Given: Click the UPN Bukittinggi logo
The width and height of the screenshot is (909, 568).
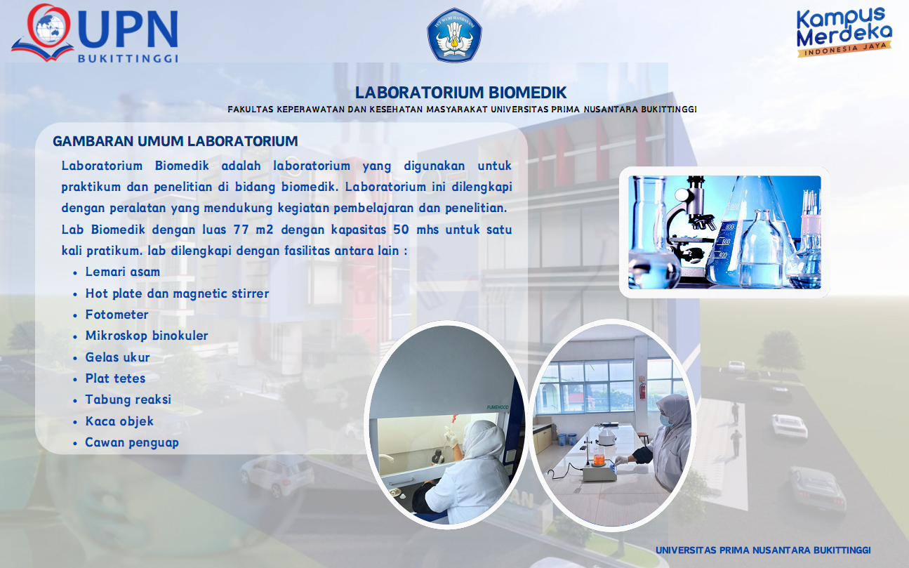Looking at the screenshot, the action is [x=95, y=33].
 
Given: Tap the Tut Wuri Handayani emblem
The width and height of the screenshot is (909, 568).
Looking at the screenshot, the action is [x=454, y=35].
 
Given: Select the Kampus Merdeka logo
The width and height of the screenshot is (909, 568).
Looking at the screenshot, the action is [x=844, y=32].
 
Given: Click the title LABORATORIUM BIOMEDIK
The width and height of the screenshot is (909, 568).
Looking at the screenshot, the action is [x=460, y=93].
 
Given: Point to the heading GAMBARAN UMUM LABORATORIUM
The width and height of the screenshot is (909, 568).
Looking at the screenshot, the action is [x=175, y=141].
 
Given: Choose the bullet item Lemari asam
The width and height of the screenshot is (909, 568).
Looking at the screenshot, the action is [x=123, y=272].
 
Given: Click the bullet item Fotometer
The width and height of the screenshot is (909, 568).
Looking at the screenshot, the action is [x=117, y=315].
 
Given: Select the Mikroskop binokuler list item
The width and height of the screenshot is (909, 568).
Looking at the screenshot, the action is [x=147, y=336].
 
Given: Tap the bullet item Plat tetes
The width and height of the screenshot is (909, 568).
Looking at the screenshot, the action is [x=115, y=378].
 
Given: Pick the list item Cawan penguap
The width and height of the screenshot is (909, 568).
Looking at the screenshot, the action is [x=132, y=442].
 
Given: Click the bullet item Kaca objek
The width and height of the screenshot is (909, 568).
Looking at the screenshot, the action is [x=119, y=421].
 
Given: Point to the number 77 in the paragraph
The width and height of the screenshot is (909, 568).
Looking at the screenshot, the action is [x=241, y=230].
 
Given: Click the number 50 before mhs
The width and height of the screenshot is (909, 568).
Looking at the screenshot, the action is [x=401, y=230].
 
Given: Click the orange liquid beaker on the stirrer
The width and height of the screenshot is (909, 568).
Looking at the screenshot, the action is [x=599, y=460].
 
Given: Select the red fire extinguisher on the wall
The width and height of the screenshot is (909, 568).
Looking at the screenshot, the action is [x=642, y=389].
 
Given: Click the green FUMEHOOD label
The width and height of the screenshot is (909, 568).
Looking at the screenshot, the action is [x=498, y=407].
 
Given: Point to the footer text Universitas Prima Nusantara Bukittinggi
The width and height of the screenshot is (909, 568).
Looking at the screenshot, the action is [x=763, y=550].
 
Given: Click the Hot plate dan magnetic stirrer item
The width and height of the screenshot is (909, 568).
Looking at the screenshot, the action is [x=177, y=293].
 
